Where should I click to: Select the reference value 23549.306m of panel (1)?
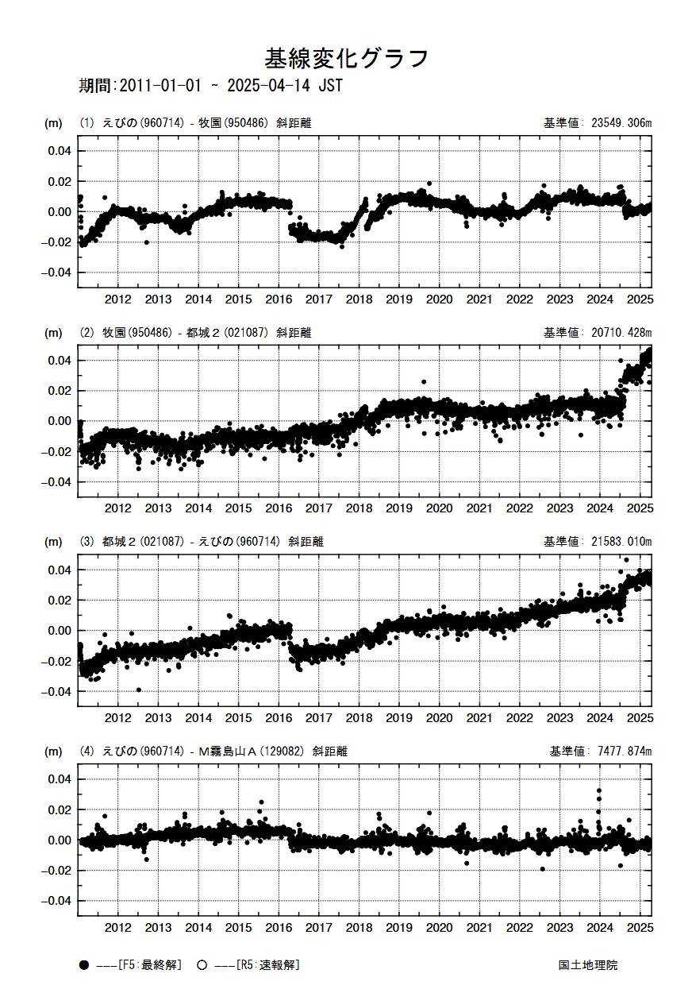click(x=616, y=123)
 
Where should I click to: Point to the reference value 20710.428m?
click(x=616, y=333)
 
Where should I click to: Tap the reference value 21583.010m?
click(x=616, y=542)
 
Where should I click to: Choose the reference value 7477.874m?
click(x=619, y=751)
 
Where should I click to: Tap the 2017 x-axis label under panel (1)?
click(x=319, y=299)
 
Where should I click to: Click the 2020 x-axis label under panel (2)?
click(x=439, y=508)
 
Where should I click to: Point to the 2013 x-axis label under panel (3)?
click(x=159, y=718)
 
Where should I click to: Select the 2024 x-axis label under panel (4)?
click(x=600, y=927)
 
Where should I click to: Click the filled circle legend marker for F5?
click(x=83, y=965)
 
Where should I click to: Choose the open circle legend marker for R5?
click(x=202, y=965)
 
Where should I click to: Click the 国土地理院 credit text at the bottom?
click(x=587, y=965)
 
